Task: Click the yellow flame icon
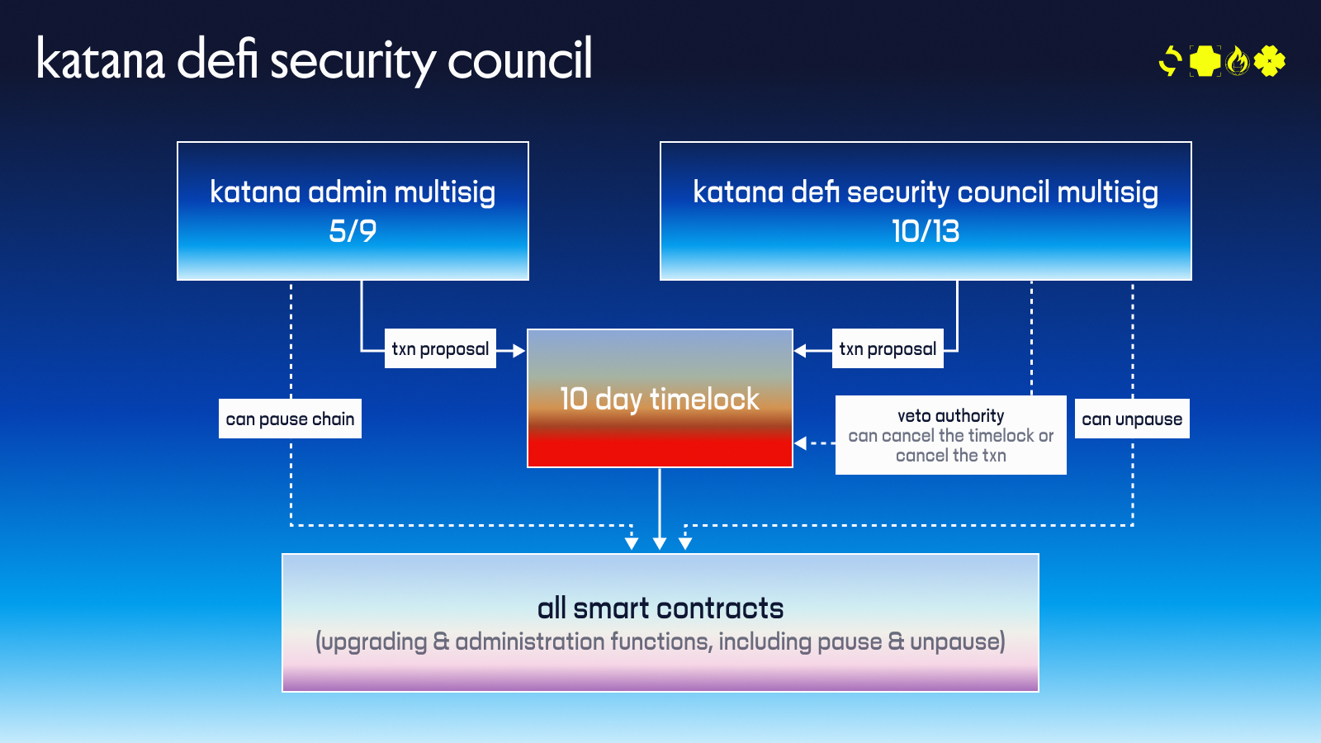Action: click(1237, 61)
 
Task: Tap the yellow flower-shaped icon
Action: click(1270, 61)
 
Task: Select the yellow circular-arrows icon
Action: click(1171, 61)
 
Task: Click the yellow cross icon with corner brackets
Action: click(1205, 61)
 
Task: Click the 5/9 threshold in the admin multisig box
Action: click(353, 231)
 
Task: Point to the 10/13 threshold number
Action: click(926, 231)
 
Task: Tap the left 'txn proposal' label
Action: click(440, 349)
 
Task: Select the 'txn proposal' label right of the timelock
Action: click(888, 349)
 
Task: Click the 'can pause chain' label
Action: click(290, 419)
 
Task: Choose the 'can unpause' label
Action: click(1132, 419)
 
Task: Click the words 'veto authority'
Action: click(951, 416)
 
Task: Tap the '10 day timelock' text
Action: click(660, 400)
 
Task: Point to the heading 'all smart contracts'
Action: click(660, 608)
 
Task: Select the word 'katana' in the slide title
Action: click(101, 59)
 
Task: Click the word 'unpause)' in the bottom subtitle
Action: click(958, 641)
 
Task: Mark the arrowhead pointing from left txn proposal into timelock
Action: click(518, 351)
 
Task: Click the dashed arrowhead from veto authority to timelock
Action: click(800, 443)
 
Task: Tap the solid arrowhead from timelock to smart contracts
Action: click(660, 543)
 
